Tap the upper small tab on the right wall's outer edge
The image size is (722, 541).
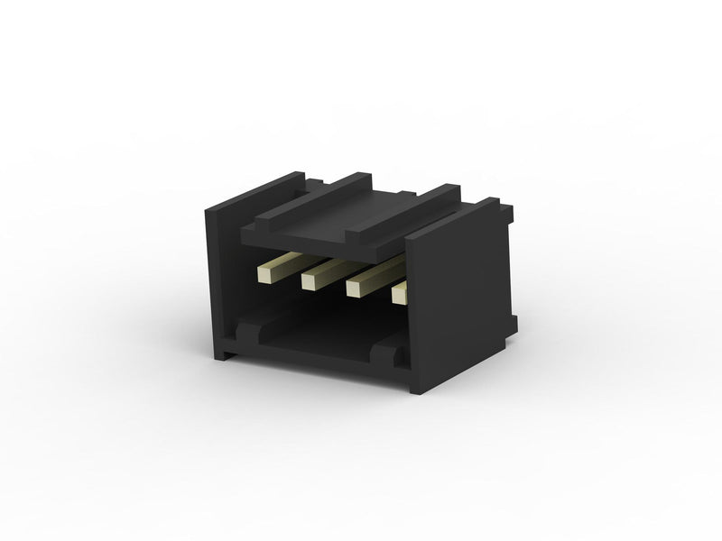(x=507, y=214)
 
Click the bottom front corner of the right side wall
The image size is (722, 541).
(x=417, y=388)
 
